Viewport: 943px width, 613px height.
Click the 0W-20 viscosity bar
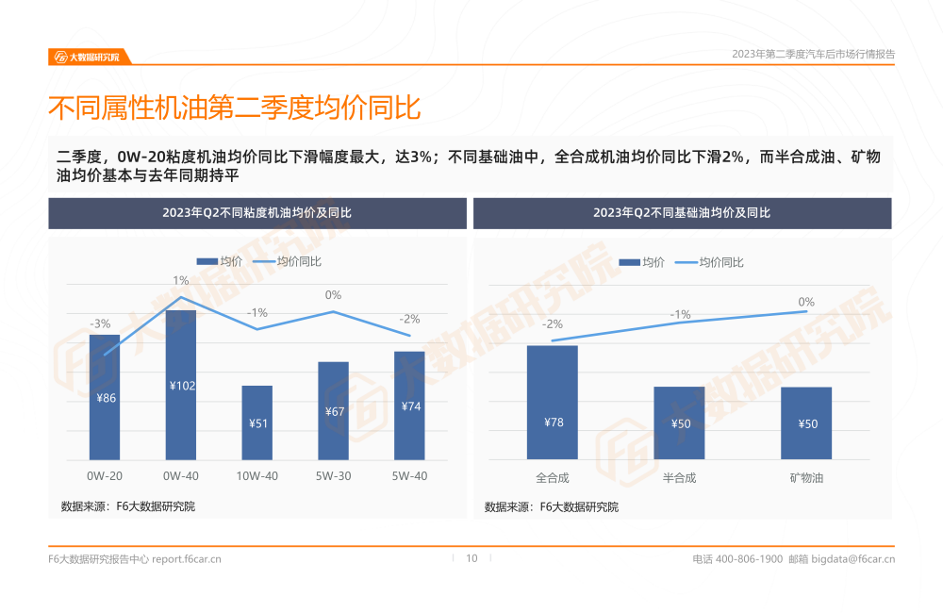coord(105,397)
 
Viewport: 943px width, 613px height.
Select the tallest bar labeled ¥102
coord(181,385)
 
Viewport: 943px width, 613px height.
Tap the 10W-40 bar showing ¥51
coord(256,422)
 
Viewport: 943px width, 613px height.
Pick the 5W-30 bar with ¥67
coord(333,410)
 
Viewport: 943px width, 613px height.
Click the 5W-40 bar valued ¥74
coord(409,406)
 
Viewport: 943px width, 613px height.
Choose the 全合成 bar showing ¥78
coord(553,403)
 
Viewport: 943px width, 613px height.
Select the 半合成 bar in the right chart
coord(679,422)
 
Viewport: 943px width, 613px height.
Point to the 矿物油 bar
coord(806,422)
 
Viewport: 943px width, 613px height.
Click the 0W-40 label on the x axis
coord(181,476)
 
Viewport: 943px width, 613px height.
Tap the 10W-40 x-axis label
coord(256,476)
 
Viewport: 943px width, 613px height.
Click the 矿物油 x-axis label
coord(806,478)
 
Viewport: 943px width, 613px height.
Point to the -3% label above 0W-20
coord(100,323)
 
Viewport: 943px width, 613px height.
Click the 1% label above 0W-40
coord(181,280)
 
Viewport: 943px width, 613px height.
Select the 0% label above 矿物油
coord(806,302)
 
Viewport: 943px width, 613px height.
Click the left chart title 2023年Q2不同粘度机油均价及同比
coord(257,213)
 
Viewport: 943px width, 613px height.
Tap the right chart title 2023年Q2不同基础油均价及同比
coord(682,213)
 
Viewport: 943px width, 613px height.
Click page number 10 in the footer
coord(472,558)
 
